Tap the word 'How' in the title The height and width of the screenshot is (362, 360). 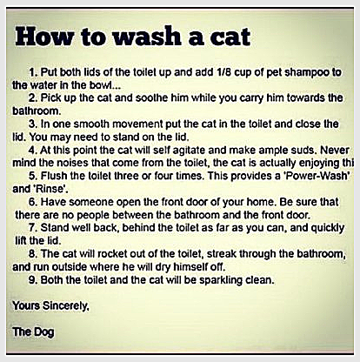[x=44, y=37]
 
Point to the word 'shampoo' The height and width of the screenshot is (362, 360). [x=307, y=73]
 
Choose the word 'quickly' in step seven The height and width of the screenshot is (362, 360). [x=328, y=229]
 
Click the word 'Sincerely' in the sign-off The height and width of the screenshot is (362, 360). [x=66, y=306]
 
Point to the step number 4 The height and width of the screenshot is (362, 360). [x=32, y=150]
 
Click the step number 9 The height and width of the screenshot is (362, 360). [x=32, y=280]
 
